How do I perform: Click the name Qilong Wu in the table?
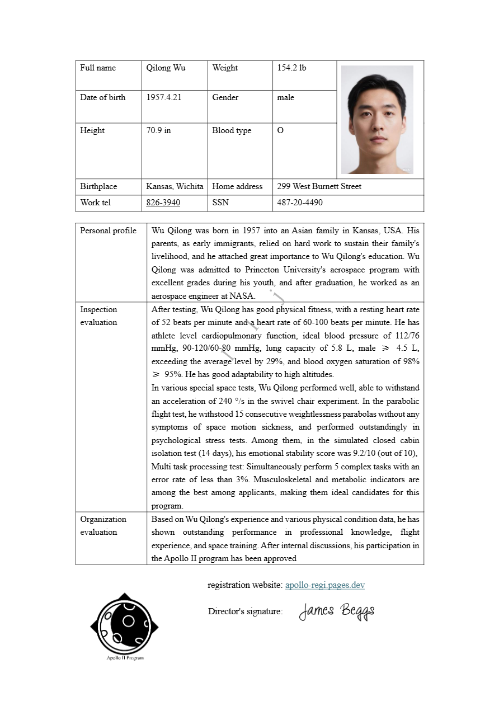point(166,68)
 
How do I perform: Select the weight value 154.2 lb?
point(291,68)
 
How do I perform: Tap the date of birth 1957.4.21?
point(163,97)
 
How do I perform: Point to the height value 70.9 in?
point(158,130)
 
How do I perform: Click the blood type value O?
point(280,130)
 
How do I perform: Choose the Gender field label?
point(225,97)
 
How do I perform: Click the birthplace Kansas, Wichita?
point(175,186)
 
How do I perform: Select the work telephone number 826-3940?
point(163,203)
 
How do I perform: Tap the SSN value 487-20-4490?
point(299,203)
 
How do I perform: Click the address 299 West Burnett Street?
point(319,186)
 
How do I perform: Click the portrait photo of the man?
point(377,119)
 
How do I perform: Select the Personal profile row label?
point(108,230)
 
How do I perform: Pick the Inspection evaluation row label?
point(98,316)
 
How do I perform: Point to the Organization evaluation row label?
point(103,525)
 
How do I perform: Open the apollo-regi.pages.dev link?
point(324,585)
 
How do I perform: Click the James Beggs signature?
point(336,611)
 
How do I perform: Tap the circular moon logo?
point(124,623)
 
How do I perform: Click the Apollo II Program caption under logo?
point(125,658)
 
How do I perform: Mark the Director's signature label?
point(245,611)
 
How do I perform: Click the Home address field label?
point(237,186)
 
